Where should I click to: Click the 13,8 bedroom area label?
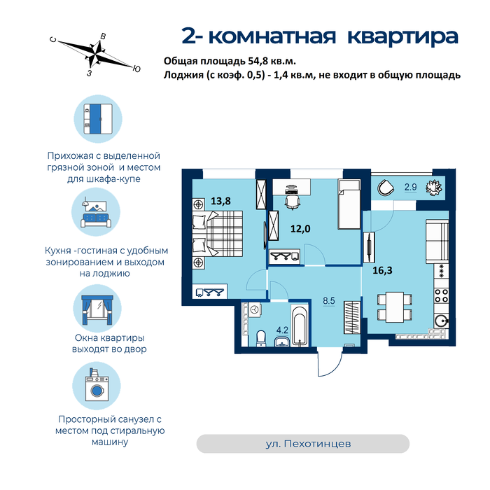[x=220, y=201]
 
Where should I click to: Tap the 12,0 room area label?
[x=300, y=229]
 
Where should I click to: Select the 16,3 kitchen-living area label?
[x=382, y=270]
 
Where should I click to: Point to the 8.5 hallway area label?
[x=329, y=300]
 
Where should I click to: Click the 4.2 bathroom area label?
[x=282, y=330]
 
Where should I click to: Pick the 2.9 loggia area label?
[x=410, y=187]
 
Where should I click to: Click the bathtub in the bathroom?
[x=300, y=325]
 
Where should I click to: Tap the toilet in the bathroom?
[x=261, y=338]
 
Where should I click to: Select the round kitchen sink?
[x=441, y=321]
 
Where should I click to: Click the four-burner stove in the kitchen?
[x=441, y=295]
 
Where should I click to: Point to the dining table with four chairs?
[x=394, y=307]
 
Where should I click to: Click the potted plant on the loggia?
[x=434, y=188]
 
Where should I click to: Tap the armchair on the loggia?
[x=386, y=188]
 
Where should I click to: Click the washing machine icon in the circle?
[x=97, y=386]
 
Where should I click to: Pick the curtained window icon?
[x=97, y=309]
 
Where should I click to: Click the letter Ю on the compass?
[x=136, y=69]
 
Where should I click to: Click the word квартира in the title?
[x=402, y=37]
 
